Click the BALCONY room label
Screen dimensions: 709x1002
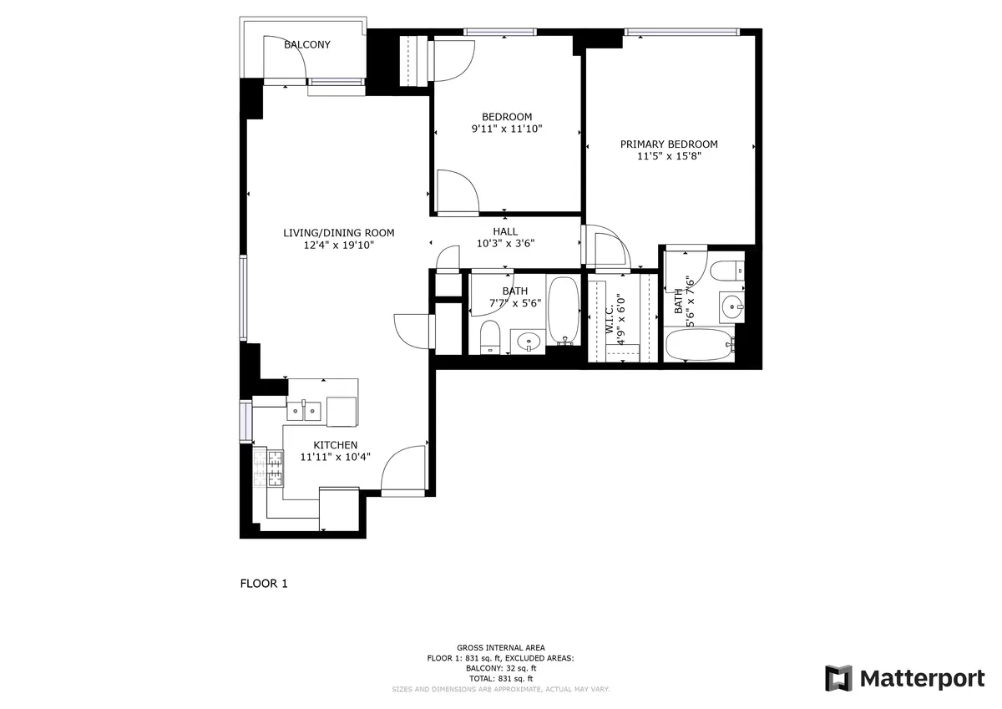pos(306,44)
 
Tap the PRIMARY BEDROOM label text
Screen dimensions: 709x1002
pos(668,144)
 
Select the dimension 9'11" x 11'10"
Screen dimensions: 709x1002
pos(507,129)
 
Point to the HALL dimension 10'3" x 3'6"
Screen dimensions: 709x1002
pos(505,244)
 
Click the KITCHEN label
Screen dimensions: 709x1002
pos(335,445)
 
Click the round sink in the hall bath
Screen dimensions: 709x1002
pos(528,340)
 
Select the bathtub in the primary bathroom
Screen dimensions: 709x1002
pos(700,344)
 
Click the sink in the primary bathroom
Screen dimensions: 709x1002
pos(732,306)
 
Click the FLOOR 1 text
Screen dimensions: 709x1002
pos(263,584)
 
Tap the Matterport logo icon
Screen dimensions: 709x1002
pos(838,678)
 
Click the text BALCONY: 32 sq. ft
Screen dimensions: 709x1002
pos(500,668)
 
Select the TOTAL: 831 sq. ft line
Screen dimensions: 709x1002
pos(500,679)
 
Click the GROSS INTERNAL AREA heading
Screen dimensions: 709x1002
pos(500,648)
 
